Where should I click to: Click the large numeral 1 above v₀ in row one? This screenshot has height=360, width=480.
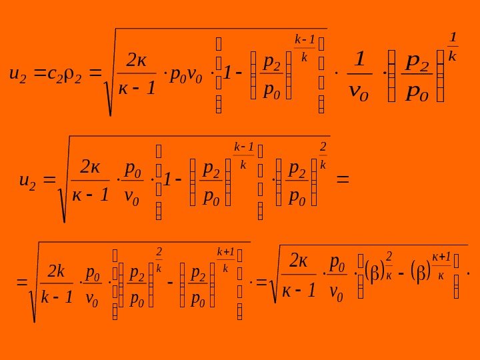pyautogui.click(x=360, y=62)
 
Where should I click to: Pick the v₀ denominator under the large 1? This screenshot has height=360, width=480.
pyautogui.click(x=360, y=89)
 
